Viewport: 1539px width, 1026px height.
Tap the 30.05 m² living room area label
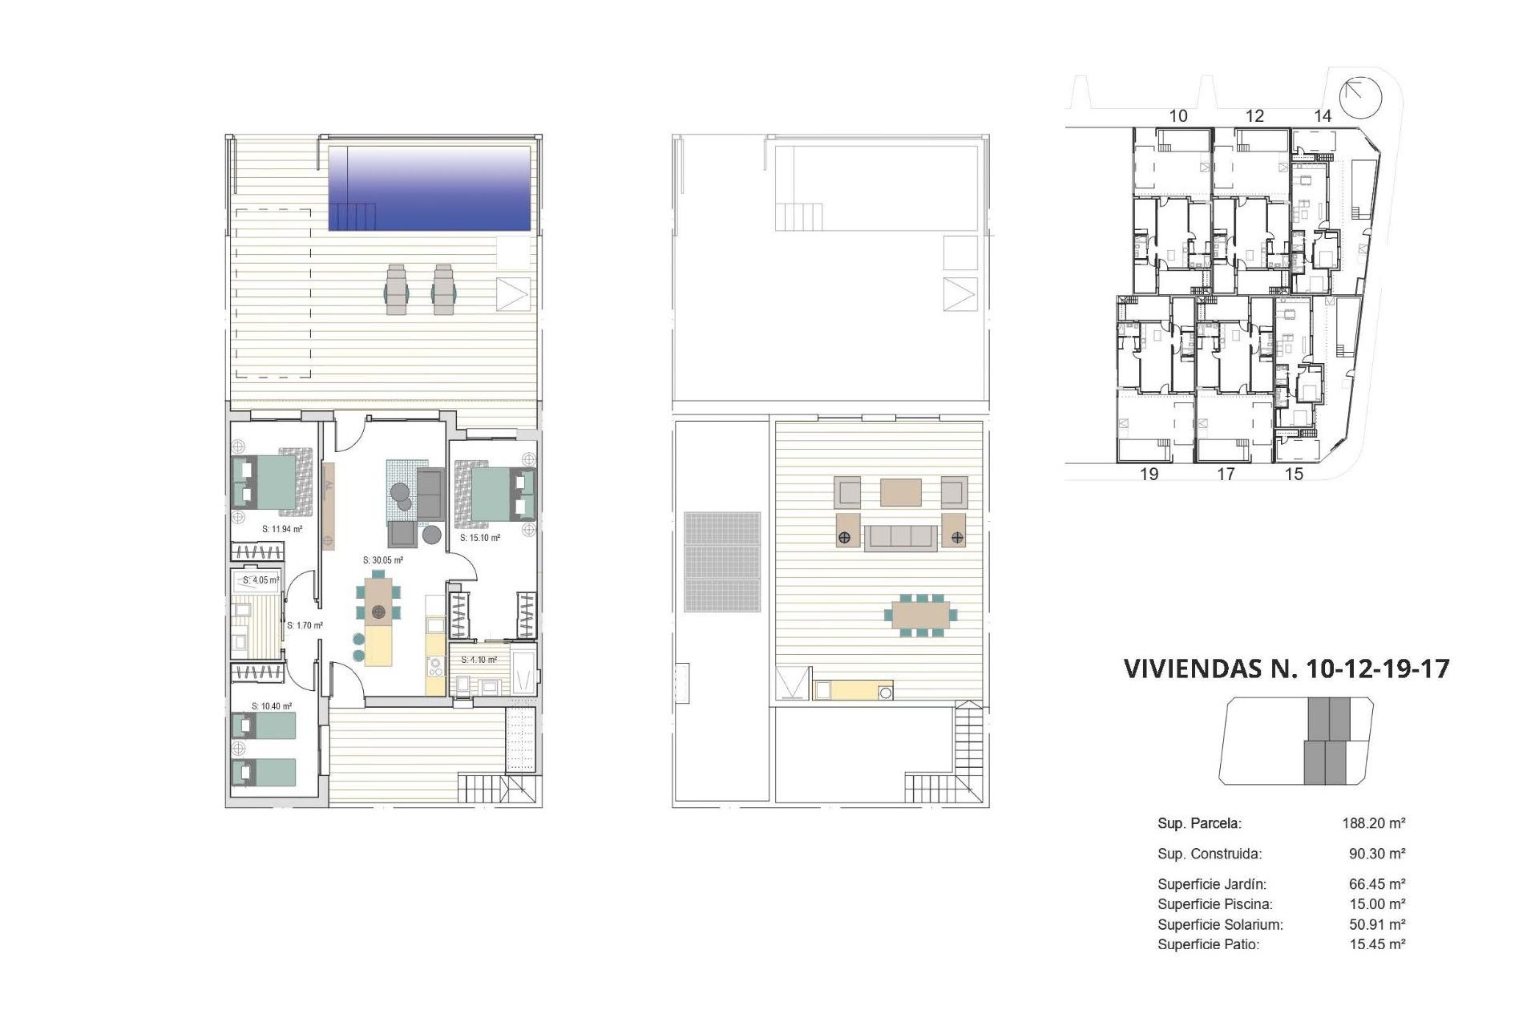tap(382, 560)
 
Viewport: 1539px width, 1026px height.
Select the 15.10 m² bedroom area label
tap(479, 538)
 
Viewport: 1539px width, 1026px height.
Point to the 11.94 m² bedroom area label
tap(282, 529)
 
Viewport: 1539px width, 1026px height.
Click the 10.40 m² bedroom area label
tap(271, 706)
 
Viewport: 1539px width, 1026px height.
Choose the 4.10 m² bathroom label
tap(479, 660)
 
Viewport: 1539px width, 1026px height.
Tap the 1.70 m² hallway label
tap(305, 625)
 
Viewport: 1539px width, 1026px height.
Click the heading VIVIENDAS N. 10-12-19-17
tap(1287, 669)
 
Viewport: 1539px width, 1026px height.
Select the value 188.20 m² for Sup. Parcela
tap(1374, 823)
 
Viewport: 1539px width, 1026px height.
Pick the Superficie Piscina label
tap(1214, 904)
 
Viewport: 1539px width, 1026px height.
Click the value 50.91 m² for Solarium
tap(1377, 924)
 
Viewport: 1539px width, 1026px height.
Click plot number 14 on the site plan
tap(1322, 116)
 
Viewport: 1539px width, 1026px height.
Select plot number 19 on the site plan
tap(1149, 474)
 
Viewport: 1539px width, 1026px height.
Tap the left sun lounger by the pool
tap(397, 290)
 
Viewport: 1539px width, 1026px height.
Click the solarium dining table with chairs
tap(920, 616)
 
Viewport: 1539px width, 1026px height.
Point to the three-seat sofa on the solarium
tap(899, 537)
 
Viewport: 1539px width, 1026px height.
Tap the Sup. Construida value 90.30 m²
tap(1377, 854)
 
